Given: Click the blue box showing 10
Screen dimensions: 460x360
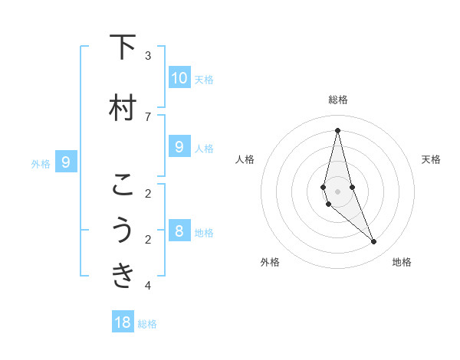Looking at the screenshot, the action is pos(179,77).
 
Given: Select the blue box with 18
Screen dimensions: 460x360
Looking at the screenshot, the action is pos(123,322).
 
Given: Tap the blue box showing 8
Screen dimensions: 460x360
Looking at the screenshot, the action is pos(179,231).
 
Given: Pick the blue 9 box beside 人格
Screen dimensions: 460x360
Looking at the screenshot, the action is pos(179,146).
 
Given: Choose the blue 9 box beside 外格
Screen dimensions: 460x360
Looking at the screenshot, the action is pos(66,162).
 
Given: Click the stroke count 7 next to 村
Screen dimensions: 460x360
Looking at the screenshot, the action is pos(148,116).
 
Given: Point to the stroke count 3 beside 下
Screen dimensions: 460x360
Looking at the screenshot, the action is pos(148,55).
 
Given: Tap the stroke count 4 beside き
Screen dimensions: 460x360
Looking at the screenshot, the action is pos(148,286).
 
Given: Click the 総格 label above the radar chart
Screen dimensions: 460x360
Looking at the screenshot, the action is pos(338,100).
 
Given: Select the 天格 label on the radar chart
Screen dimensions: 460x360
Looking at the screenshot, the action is pos(432,159).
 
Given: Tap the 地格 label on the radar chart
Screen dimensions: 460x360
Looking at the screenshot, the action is pos(402,262).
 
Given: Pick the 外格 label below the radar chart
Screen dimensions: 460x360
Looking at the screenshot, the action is pos(270,262).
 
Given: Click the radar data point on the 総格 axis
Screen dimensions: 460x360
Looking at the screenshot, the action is pos(337,129).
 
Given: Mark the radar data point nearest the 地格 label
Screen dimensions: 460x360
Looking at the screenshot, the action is pos(374,241).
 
